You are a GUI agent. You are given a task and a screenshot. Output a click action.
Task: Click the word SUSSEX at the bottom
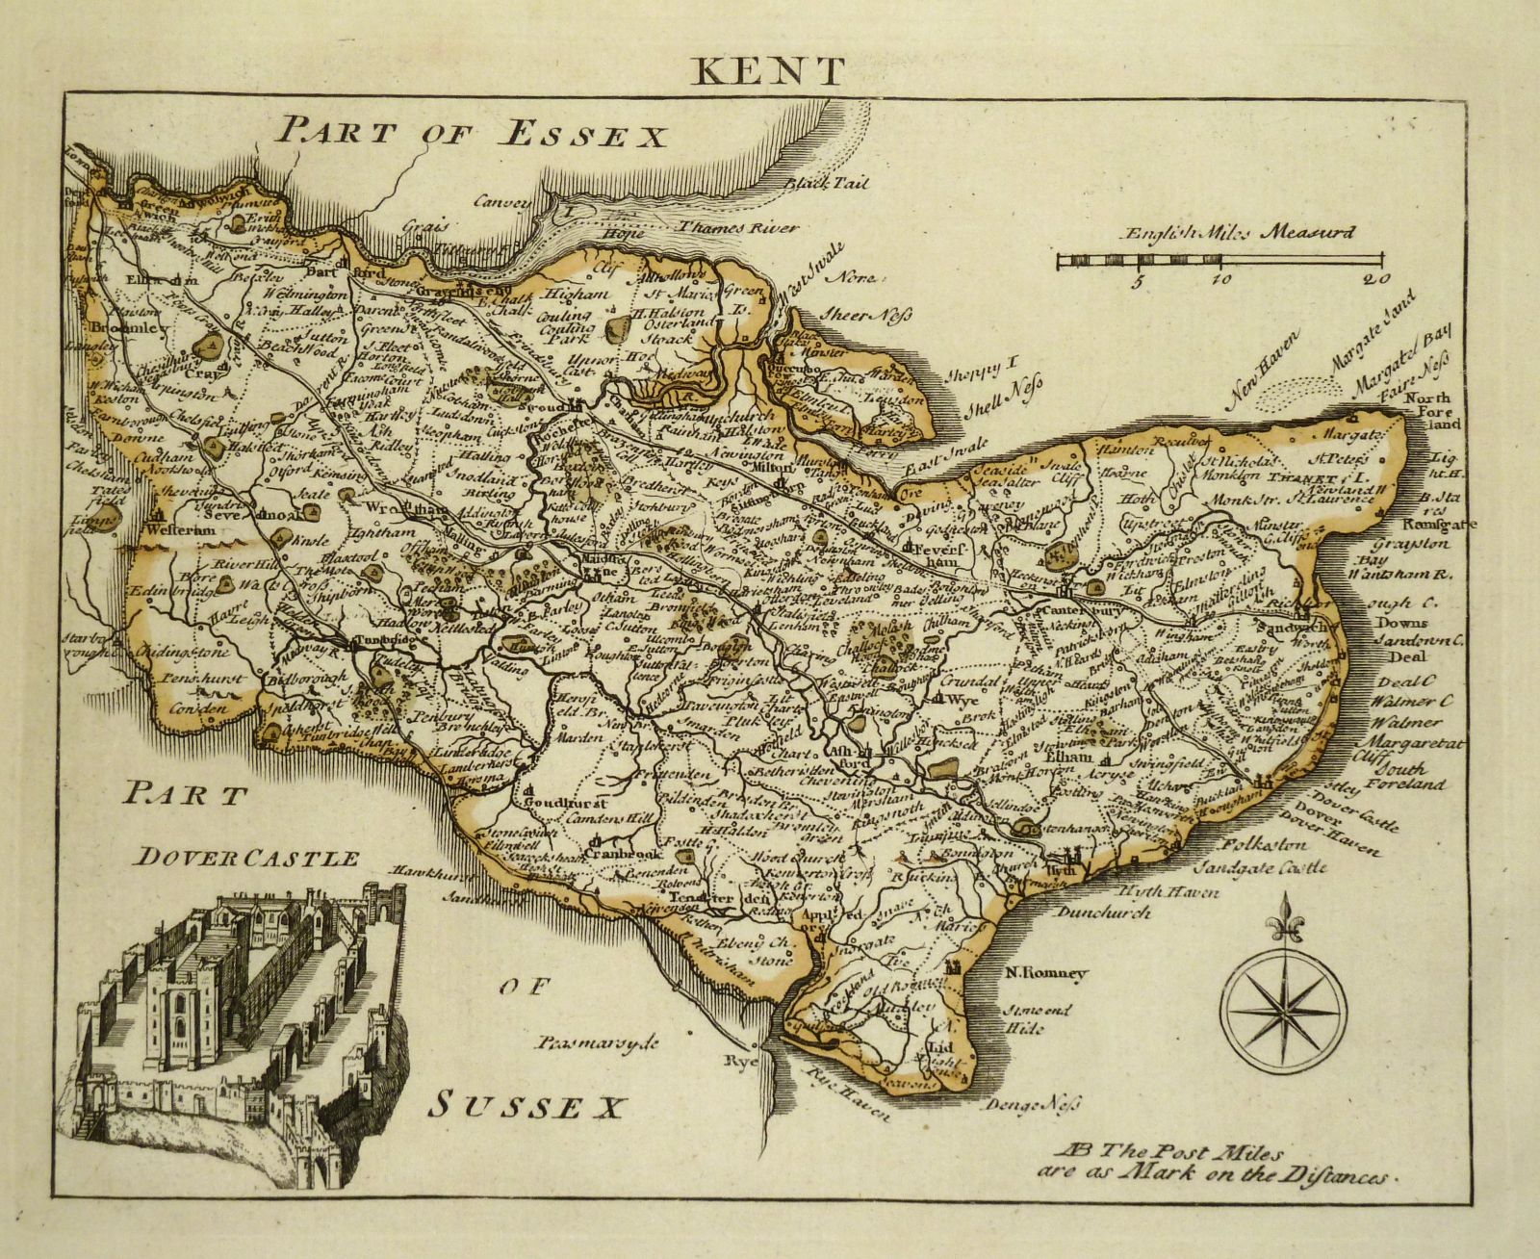click(521, 1104)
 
